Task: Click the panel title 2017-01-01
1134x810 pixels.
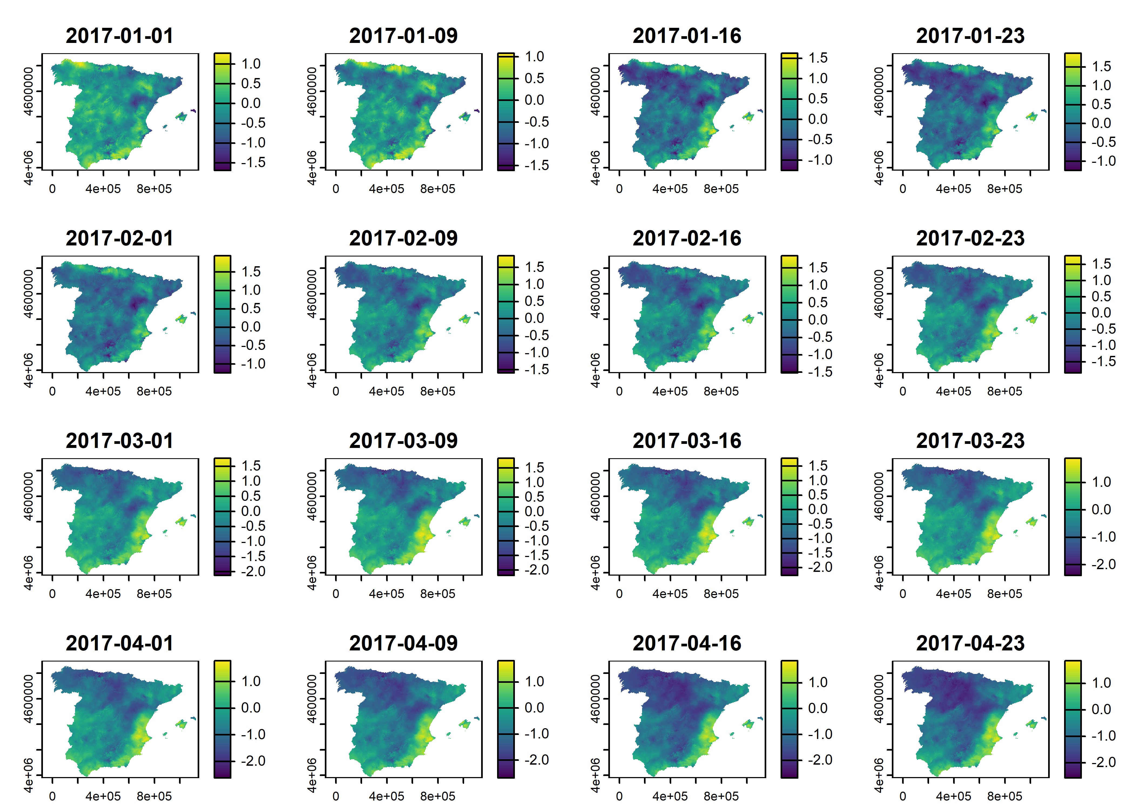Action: click(x=120, y=36)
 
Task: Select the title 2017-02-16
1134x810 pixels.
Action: click(x=687, y=238)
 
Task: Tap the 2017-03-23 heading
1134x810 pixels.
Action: click(x=970, y=441)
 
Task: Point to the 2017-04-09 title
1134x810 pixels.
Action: click(x=403, y=643)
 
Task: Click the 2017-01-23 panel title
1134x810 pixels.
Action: click(x=970, y=36)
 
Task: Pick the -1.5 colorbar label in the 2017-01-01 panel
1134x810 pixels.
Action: click(x=253, y=163)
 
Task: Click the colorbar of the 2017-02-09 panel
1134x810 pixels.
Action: click(x=506, y=314)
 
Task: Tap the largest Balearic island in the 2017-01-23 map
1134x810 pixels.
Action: click(x=1032, y=117)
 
